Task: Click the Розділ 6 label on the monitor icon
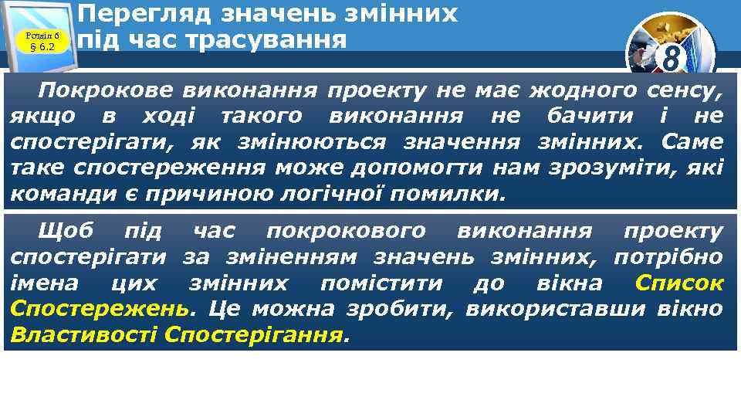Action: pyautogui.click(x=42, y=35)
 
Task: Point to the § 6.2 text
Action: pyautogui.click(x=42, y=47)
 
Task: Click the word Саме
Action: pyautogui.click(x=692, y=142)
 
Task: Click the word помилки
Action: pyautogui.click(x=448, y=193)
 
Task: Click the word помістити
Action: pyautogui.click(x=381, y=283)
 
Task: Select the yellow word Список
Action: pyautogui.click(x=678, y=283)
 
